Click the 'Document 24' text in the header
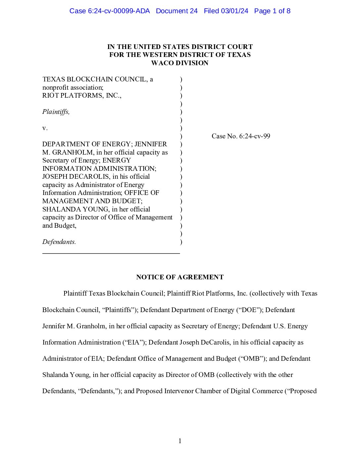tap(177, 11)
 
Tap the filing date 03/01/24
tap(235, 11)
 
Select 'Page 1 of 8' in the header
tap(272, 11)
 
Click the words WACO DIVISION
tap(180, 63)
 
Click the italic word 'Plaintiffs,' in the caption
tap(56, 112)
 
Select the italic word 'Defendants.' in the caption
tap(59, 242)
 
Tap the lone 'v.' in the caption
tap(45, 128)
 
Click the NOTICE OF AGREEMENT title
tap(180, 277)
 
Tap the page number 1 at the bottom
tap(180, 441)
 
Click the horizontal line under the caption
tap(111, 253)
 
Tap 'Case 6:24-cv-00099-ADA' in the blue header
tap(110, 11)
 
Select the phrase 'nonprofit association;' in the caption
tap(73, 88)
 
